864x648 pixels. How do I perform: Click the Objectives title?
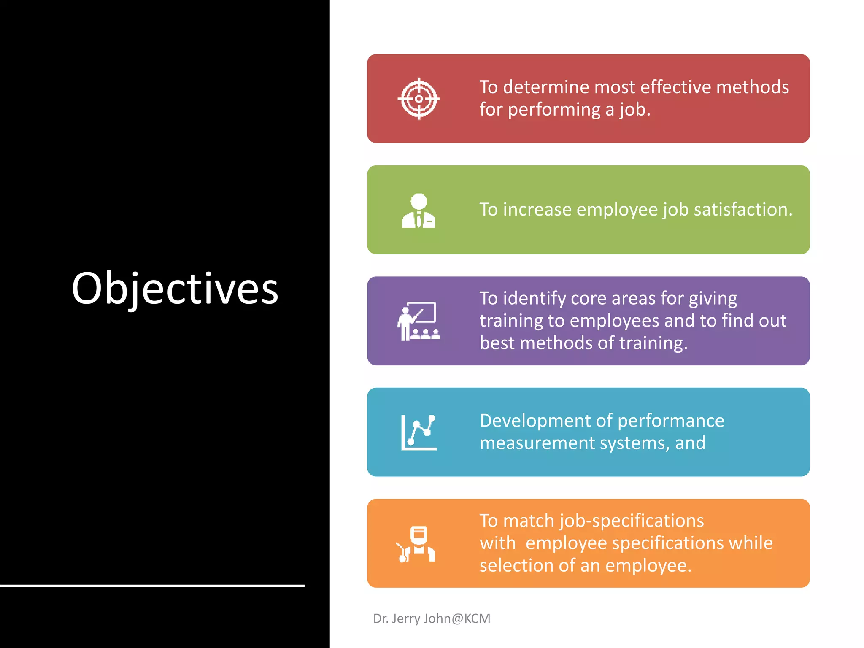coord(175,289)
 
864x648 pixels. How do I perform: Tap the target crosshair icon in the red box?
coord(418,99)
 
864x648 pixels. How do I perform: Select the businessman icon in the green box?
coord(418,211)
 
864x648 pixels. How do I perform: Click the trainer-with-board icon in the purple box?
coord(418,321)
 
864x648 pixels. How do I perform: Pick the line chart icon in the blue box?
coord(418,432)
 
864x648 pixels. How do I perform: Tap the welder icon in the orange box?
coord(417,544)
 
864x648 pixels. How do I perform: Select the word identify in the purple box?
coord(534,299)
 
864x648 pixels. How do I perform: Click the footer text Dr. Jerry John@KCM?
coord(432,618)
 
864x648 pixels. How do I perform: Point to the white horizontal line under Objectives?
coord(152,586)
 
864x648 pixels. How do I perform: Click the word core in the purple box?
coord(588,299)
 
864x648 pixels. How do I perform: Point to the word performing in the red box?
coord(554,110)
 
